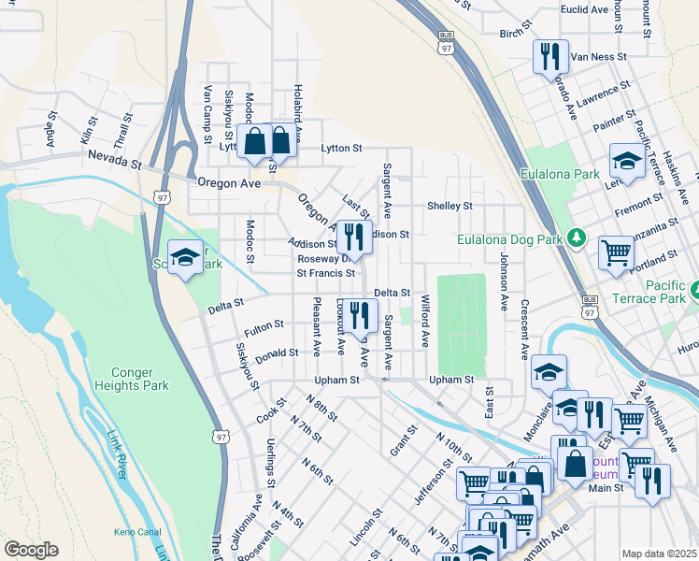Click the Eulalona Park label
point(560,175)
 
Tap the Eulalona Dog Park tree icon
point(577,238)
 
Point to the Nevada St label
point(114,160)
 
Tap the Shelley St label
point(449,206)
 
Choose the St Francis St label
point(326,274)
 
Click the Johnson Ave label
point(504,281)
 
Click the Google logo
point(30,550)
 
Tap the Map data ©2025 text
point(659,554)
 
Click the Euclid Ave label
point(586,9)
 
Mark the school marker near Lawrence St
point(625,160)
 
